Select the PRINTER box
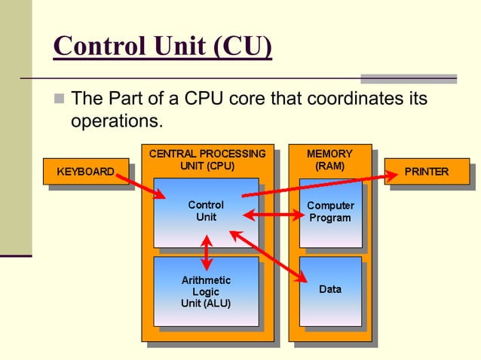pyautogui.click(x=426, y=172)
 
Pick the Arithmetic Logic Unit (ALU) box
pyautogui.click(x=206, y=291)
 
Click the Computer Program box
pyautogui.click(x=330, y=212)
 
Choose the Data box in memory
pyautogui.click(x=330, y=289)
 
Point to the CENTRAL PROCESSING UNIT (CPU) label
pyautogui.click(x=207, y=160)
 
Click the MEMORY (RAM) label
pyautogui.click(x=329, y=160)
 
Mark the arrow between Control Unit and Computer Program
pyautogui.click(x=272, y=217)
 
